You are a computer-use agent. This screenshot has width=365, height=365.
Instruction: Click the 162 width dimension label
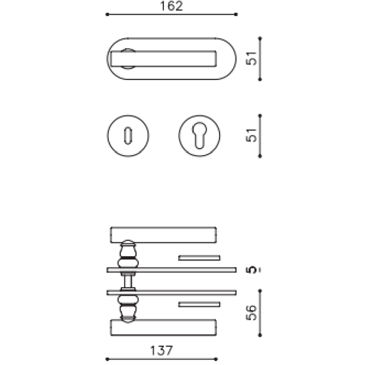point(170,6)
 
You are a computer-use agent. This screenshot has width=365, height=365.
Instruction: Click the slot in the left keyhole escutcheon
point(129,135)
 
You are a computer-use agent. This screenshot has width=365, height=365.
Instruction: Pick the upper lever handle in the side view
point(163,234)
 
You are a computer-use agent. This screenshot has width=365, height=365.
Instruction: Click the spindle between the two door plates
point(129,280)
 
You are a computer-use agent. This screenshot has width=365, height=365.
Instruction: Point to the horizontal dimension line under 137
point(161,359)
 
